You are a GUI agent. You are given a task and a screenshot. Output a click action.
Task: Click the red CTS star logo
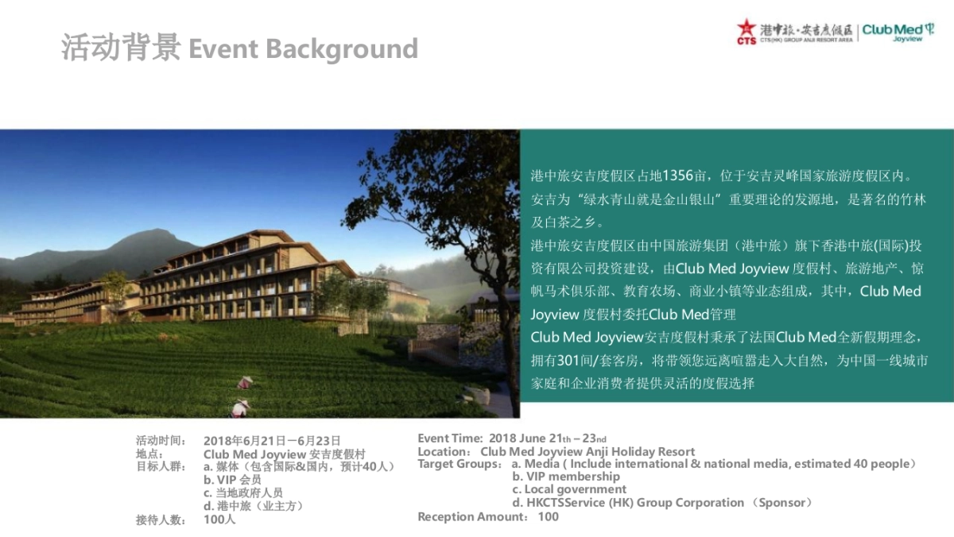tap(747, 30)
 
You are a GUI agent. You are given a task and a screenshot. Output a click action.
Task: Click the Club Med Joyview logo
tap(898, 31)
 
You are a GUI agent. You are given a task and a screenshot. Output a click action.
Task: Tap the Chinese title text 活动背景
tap(122, 48)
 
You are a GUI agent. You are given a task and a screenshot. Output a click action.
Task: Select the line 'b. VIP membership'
tap(566, 477)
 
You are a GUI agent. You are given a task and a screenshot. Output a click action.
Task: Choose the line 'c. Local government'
tap(569, 489)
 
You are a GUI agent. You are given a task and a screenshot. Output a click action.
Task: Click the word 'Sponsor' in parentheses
tap(784, 503)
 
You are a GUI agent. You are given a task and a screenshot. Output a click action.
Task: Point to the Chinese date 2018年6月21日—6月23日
tap(272, 441)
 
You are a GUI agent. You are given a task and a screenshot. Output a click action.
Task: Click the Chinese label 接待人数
tap(161, 520)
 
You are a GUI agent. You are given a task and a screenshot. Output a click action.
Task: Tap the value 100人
tap(219, 520)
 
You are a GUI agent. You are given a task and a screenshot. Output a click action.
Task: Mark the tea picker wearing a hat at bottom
tap(239, 408)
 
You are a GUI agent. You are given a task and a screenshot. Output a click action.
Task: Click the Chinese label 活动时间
tap(161, 441)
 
